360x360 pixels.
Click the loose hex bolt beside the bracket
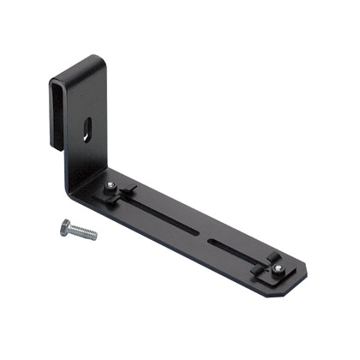pyautogui.click(x=77, y=230)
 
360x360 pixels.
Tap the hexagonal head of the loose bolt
pyautogui.click(x=66, y=225)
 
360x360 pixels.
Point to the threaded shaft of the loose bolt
pyautogui.click(x=84, y=232)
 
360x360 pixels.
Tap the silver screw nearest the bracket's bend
pyautogui.click(x=111, y=187)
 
